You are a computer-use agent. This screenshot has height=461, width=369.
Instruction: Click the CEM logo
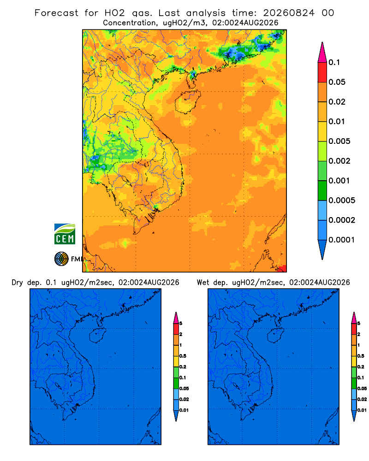click(x=65, y=234)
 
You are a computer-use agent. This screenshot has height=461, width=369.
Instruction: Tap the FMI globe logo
click(x=61, y=259)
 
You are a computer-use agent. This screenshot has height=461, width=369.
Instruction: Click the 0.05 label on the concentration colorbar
click(x=337, y=82)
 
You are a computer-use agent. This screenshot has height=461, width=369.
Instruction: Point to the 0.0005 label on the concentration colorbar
click(x=342, y=200)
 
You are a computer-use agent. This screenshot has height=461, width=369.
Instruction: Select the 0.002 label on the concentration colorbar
click(x=339, y=161)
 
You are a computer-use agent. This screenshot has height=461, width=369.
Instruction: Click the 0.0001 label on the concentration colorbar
click(x=342, y=240)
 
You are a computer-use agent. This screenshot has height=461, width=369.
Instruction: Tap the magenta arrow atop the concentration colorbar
click(x=322, y=53)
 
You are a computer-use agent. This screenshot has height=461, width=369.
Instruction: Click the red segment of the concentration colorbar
click(x=322, y=72)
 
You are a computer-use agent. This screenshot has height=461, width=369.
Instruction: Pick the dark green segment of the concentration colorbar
click(x=322, y=190)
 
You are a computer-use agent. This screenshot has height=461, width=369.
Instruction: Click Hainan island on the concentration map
click(x=187, y=102)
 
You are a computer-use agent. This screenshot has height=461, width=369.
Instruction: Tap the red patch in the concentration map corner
click(x=282, y=268)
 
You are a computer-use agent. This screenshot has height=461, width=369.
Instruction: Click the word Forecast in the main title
click(x=56, y=13)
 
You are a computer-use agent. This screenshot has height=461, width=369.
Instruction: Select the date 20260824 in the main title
click(x=289, y=13)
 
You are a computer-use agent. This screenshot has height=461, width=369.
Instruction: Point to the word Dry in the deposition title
click(x=17, y=283)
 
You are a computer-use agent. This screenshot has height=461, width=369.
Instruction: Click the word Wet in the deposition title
click(x=203, y=283)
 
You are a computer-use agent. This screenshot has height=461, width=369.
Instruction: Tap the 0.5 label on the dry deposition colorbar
click(x=183, y=356)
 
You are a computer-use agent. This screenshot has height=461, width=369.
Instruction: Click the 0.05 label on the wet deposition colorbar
click(x=362, y=388)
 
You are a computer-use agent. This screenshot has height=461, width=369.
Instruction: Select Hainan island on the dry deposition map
click(x=97, y=336)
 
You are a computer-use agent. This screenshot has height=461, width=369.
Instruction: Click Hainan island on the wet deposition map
click(x=275, y=336)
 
